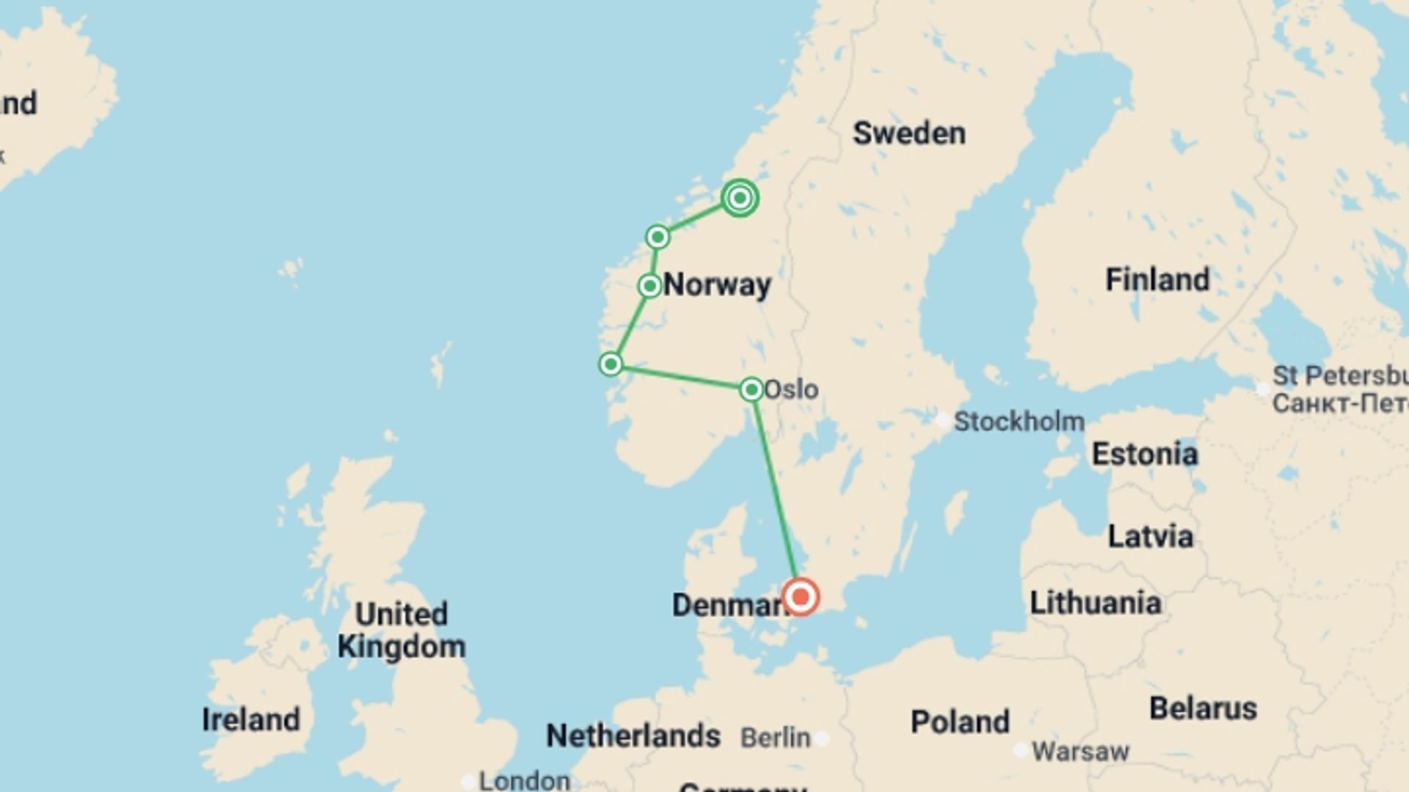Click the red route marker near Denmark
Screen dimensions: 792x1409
click(x=801, y=596)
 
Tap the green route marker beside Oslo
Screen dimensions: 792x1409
click(x=751, y=389)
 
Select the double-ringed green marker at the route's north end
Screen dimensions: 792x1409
click(x=740, y=198)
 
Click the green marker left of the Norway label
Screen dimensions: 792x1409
click(x=649, y=285)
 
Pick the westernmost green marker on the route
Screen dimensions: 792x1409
click(x=611, y=364)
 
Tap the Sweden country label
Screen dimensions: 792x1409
click(x=909, y=133)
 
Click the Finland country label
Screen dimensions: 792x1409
click(x=1157, y=279)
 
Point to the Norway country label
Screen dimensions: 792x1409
click(x=717, y=285)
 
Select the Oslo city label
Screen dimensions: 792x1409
click(x=791, y=389)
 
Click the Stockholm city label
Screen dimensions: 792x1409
click(x=1019, y=422)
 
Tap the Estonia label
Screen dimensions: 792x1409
click(x=1144, y=454)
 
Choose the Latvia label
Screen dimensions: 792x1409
click(x=1149, y=536)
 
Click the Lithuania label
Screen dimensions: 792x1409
click(x=1095, y=603)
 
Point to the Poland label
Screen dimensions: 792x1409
click(x=960, y=722)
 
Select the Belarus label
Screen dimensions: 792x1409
click(x=1203, y=708)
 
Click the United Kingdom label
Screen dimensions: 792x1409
click(x=401, y=630)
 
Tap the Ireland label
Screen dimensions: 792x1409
click(x=251, y=719)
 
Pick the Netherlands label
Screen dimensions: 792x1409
click(x=633, y=736)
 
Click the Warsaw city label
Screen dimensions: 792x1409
click(x=1080, y=751)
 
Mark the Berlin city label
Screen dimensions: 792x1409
click(x=776, y=737)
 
